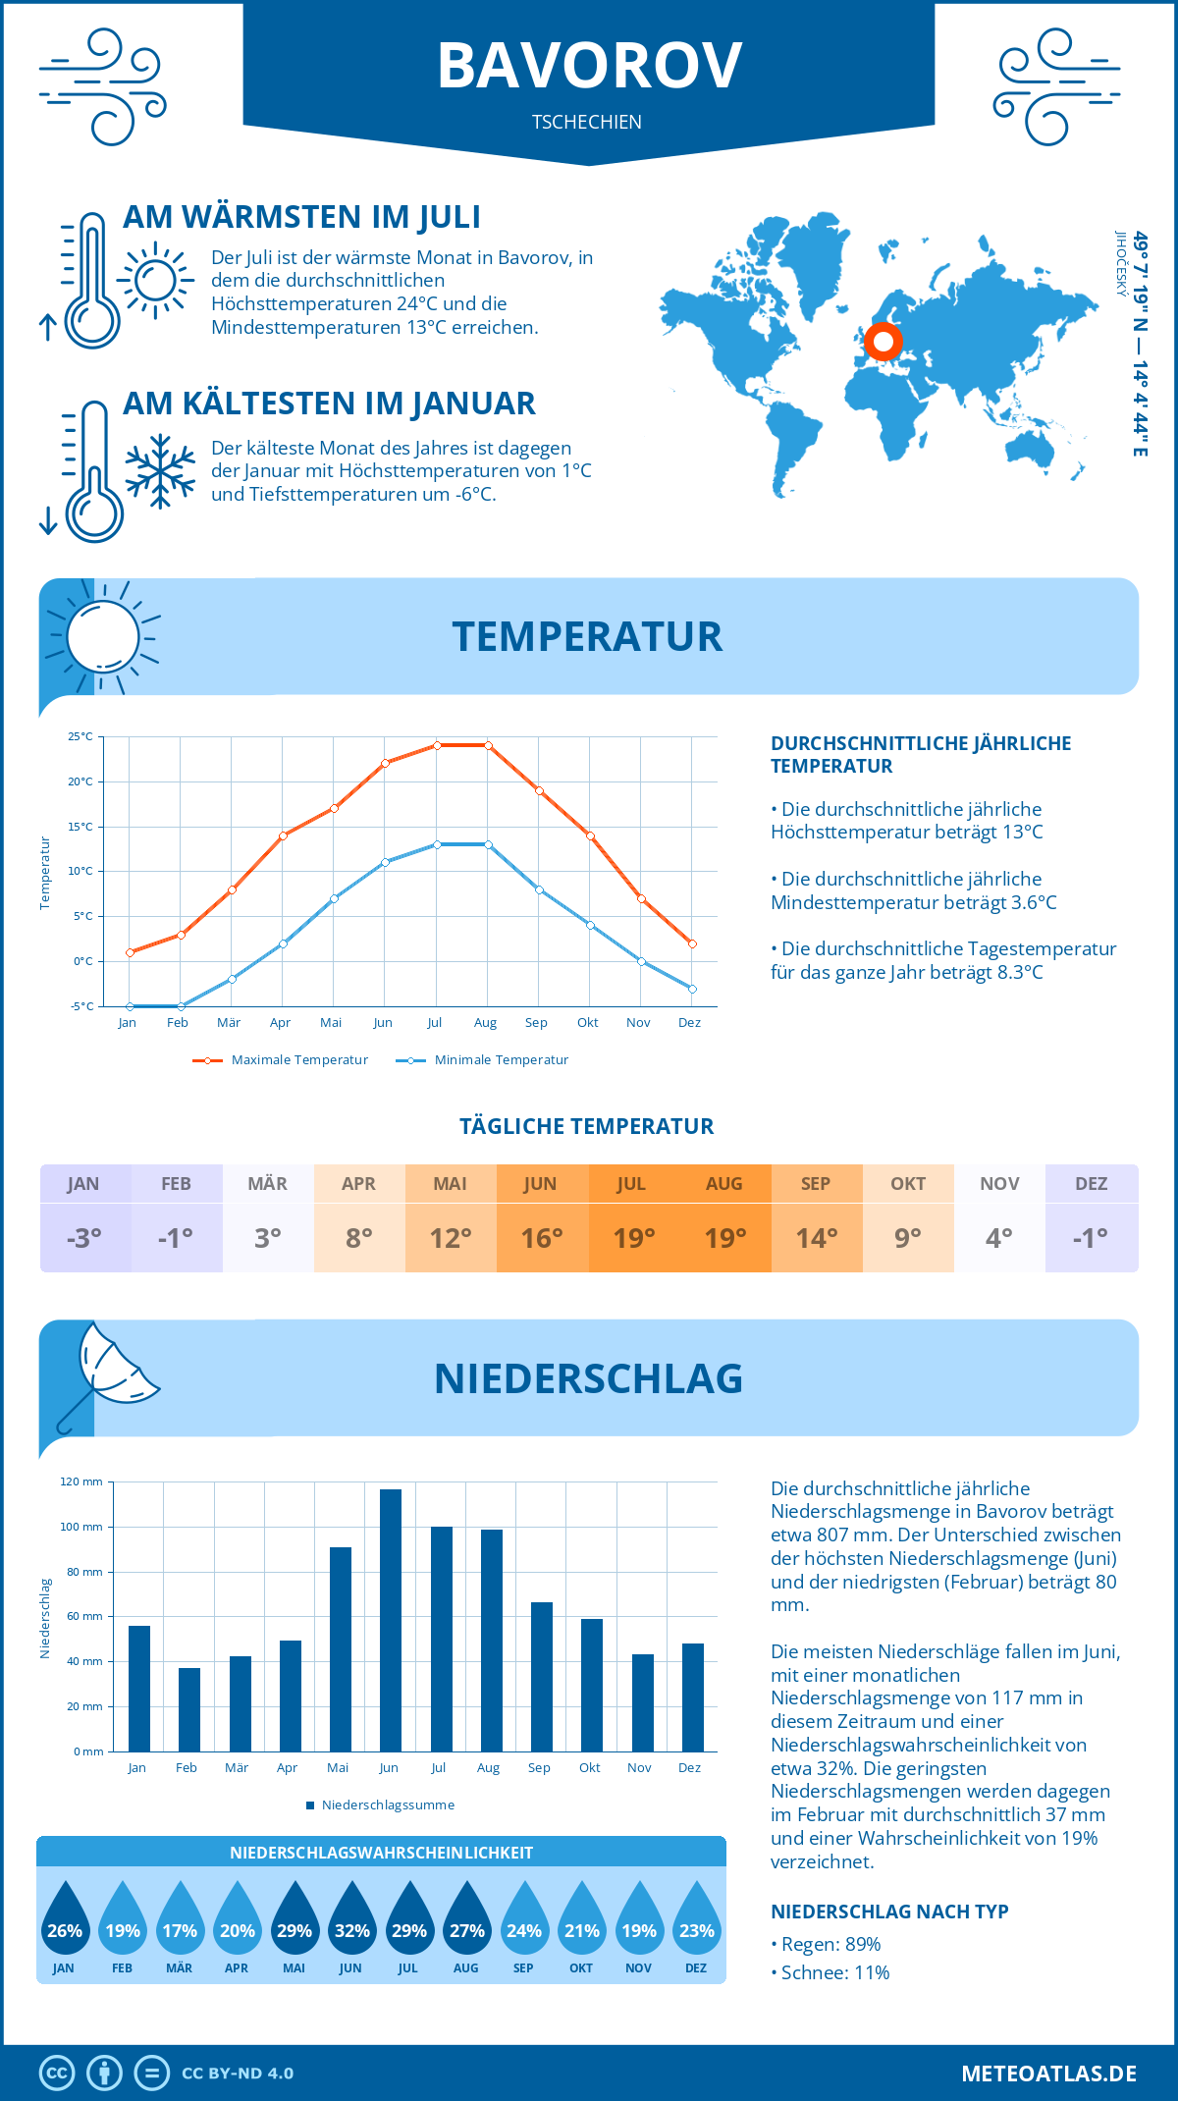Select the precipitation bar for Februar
tap(189, 1709)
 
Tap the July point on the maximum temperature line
tap(437, 745)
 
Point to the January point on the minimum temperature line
tap(130, 1006)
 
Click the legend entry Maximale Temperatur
tap(281, 1060)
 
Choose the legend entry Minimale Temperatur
tap(482, 1060)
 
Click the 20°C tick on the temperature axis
tap(80, 781)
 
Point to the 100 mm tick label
tap(81, 1527)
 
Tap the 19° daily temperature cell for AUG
tap(725, 1238)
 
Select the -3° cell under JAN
tap(84, 1238)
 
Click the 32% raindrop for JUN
tap(351, 1918)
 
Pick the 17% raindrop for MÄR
tap(180, 1918)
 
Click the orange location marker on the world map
tap(883, 342)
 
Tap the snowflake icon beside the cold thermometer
tap(160, 471)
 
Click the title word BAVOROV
tap(589, 67)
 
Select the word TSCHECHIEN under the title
tap(587, 122)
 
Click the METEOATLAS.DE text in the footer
tap(1048, 2074)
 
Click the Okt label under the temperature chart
tap(587, 1023)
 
